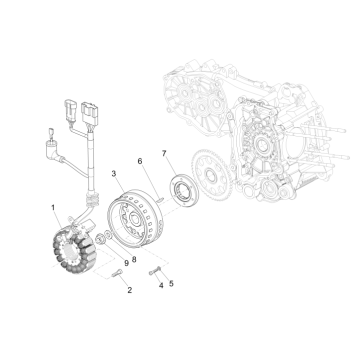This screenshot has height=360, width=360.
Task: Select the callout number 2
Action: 128,290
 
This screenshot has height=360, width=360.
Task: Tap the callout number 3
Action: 115,174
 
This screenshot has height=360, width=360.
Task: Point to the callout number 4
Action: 159,283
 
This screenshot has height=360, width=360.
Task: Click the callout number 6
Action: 139,161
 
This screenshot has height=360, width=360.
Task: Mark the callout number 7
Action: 166,154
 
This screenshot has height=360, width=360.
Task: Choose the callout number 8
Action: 133,258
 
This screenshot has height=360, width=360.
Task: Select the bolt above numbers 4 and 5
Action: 154,267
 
